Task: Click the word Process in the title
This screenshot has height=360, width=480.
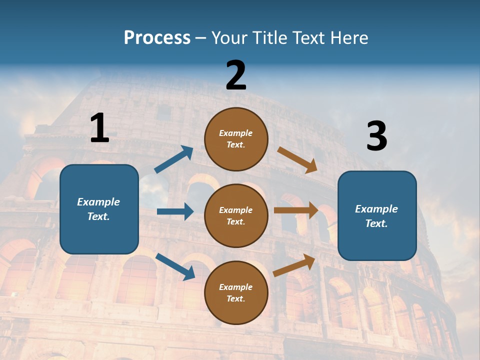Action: point(157,38)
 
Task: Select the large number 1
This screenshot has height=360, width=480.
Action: point(99,128)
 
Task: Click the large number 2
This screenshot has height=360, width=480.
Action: point(236,75)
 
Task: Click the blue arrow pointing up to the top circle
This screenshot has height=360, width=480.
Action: point(173,159)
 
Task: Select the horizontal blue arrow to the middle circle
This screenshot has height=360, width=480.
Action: point(175,211)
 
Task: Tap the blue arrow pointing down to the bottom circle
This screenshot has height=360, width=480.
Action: point(175,266)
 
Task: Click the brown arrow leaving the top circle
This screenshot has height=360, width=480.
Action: point(297,159)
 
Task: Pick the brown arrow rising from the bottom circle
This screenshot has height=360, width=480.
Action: point(294,265)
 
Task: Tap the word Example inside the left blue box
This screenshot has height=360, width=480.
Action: point(98,202)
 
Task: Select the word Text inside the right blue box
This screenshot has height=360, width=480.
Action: point(375,223)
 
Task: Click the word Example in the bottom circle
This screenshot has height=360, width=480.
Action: point(235,287)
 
